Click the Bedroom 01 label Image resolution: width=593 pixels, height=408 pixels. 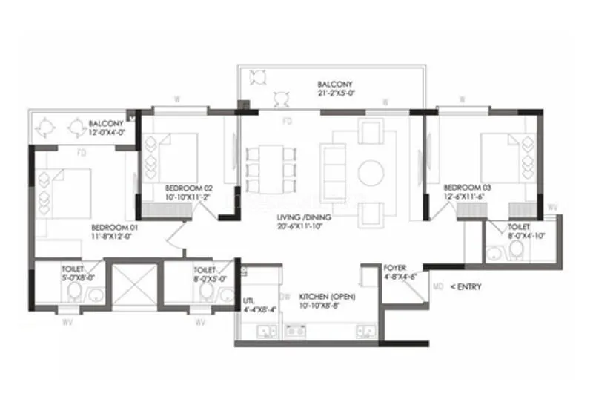coord(112,227)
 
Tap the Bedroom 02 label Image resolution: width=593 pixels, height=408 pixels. coord(189,188)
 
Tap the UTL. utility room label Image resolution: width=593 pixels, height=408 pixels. coord(249,300)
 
